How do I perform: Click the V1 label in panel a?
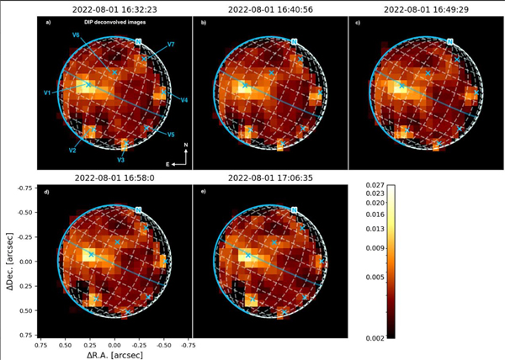48,92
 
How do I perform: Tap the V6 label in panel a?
77,35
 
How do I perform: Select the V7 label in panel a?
171,43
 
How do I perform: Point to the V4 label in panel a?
184,100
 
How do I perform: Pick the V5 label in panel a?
171,135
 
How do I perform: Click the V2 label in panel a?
73,150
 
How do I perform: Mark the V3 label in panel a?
121,159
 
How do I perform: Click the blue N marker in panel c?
450,41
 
